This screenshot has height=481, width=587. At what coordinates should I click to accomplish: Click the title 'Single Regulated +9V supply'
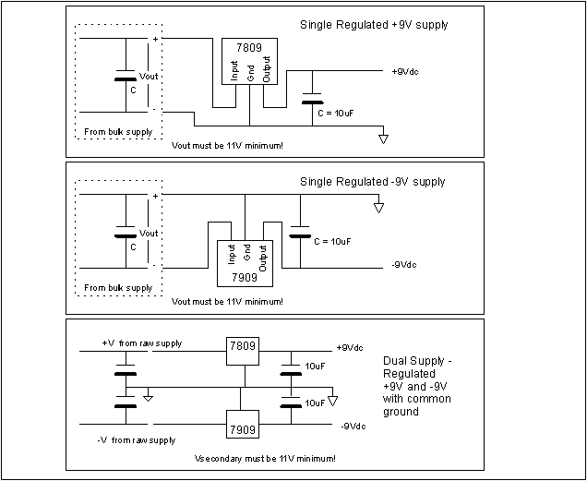click(x=374, y=25)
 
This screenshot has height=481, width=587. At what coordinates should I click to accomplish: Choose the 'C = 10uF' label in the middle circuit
click(x=331, y=241)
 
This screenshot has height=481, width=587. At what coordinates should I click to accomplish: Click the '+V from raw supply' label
click(x=141, y=343)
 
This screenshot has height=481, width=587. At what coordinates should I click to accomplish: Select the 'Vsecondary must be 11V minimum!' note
click(x=266, y=458)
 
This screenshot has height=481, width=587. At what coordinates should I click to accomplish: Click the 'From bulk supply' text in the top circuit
click(x=118, y=132)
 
